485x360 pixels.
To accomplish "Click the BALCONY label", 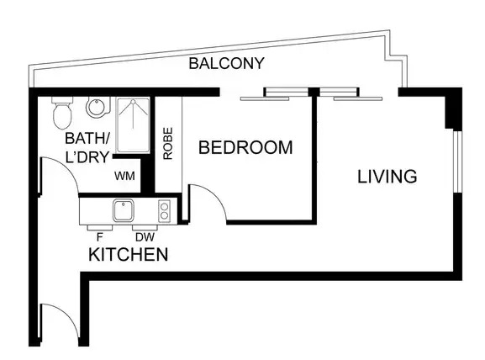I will pyautogui.click(x=227, y=63).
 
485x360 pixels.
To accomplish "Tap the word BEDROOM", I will pyautogui.click(x=245, y=148).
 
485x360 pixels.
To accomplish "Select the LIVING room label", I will pyautogui.click(x=387, y=177).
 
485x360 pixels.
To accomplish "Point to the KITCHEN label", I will pyautogui.click(x=129, y=254).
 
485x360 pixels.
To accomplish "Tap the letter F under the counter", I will pyautogui.click(x=99, y=236).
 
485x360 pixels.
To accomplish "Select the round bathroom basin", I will pyautogui.click(x=97, y=109).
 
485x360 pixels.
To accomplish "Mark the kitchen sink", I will pyautogui.click(x=124, y=209).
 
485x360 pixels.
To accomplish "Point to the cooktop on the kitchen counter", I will pyautogui.click(x=165, y=209).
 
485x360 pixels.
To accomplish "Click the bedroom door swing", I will pyautogui.click(x=206, y=204).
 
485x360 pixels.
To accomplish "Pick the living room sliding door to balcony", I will pyautogui.click(x=349, y=94).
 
